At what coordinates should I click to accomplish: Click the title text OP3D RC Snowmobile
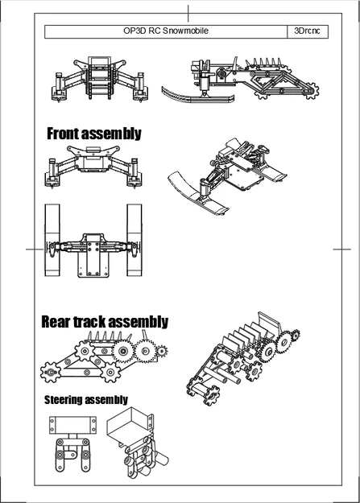[x=166, y=31]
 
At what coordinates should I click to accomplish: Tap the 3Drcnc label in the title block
[x=307, y=31]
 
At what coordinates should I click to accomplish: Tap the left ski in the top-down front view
[x=52, y=240]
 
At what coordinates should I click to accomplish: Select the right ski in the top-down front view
[x=134, y=240]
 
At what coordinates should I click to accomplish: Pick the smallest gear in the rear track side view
[x=162, y=352]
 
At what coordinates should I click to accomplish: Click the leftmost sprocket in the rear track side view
[x=51, y=372]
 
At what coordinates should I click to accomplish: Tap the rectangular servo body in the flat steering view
[x=73, y=425]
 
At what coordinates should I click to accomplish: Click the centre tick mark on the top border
[x=188, y=13]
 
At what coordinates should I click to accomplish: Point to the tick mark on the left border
[x=35, y=249]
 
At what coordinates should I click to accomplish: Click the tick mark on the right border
[x=342, y=249]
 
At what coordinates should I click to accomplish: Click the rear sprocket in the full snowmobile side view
[x=311, y=90]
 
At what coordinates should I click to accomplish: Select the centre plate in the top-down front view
[x=93, y=255]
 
